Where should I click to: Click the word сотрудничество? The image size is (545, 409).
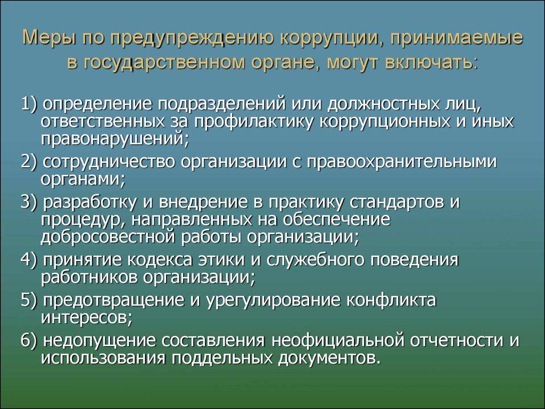(x=109, y=162)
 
